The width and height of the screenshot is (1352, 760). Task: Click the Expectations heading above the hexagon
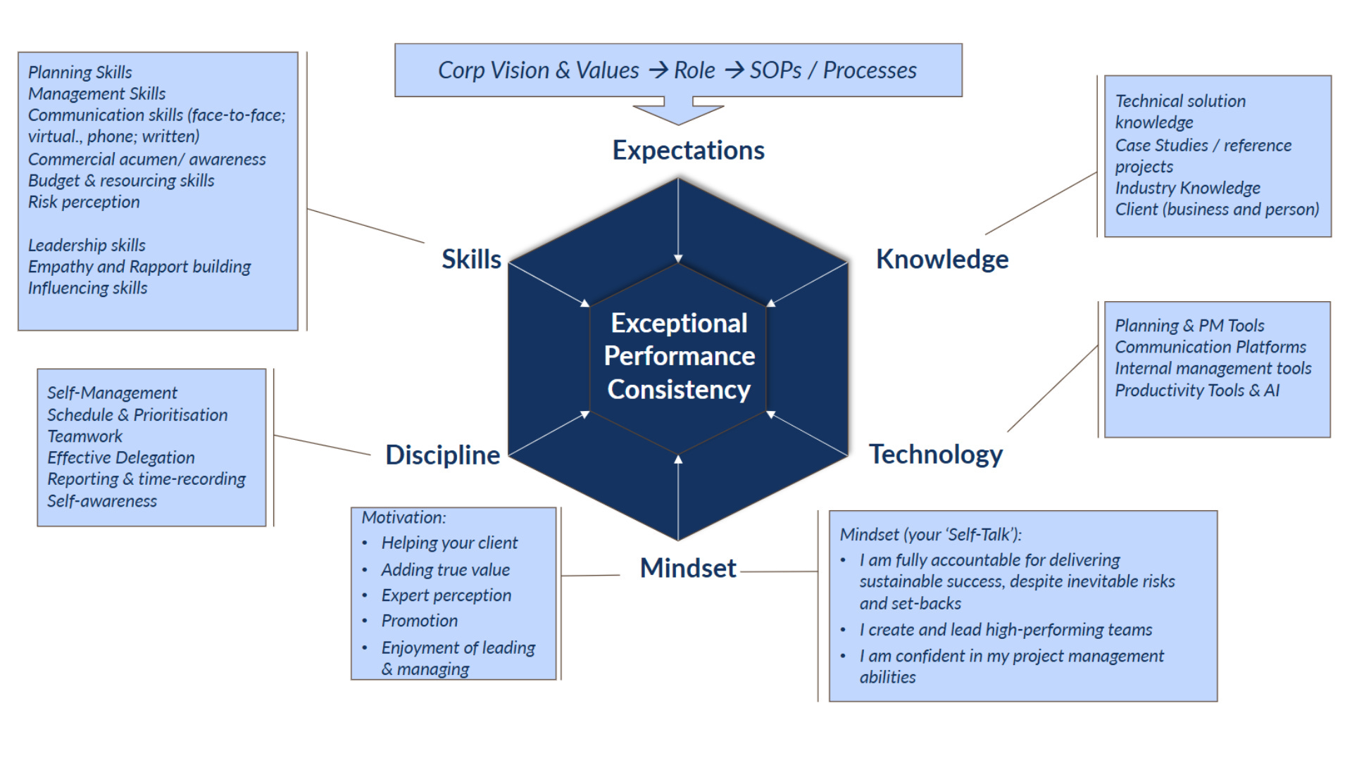point(688,151)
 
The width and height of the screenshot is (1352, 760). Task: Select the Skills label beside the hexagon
point(471,260)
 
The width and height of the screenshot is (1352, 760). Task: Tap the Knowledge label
point(941,260)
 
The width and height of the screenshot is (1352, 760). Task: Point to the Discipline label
point(442,455)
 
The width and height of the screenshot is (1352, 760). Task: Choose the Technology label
point(935,455)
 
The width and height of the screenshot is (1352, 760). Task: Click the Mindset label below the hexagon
point(687,568)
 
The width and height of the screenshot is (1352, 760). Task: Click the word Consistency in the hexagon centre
point(679,390)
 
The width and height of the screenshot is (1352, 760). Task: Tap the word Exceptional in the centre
point(679,323)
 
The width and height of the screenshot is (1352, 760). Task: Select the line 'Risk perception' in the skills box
point(84,202)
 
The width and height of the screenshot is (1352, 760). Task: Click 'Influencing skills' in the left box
point(87,289)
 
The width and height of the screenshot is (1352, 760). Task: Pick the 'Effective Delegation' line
point(120,457)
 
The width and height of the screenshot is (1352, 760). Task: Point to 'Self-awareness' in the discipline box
point(101,501)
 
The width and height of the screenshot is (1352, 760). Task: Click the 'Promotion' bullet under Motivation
point(419,621)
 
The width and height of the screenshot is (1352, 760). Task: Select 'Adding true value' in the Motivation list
point(445,570)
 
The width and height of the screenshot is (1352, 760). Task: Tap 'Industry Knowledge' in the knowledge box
point(1187,188)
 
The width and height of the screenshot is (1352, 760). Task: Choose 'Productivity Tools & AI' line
point(1196,391)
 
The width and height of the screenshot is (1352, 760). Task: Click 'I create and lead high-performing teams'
point(1005,630)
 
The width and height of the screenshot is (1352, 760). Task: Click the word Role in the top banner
point(694,70)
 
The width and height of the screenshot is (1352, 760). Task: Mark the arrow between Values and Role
point(658,70)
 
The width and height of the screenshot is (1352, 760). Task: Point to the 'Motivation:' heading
point(403,518)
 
